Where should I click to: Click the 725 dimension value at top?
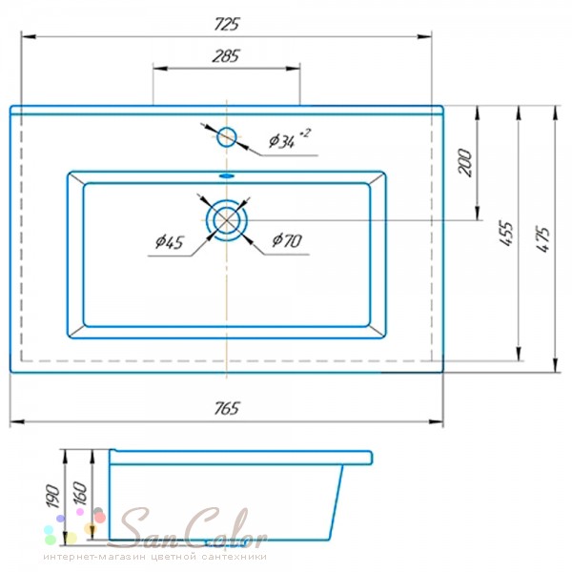[227, 25]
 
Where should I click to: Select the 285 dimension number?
[226, 56]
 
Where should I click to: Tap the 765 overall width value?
[227, 408]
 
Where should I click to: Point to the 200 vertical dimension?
[465, 163]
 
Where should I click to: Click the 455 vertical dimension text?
[506, 234]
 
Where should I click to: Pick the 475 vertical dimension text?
[542, 239]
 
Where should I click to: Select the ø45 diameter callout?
[170, 242]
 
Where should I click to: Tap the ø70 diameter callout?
[287, 240]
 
